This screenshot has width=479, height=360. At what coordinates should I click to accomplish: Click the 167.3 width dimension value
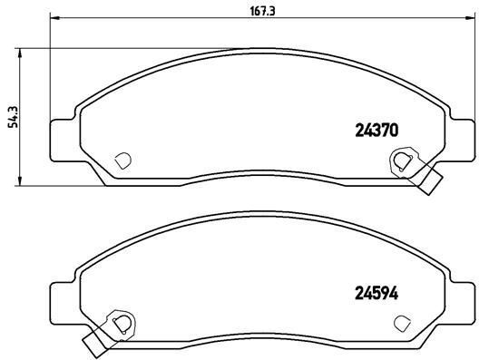[x=257, y=10]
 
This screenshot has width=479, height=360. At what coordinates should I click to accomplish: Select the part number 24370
[x=376, y=130]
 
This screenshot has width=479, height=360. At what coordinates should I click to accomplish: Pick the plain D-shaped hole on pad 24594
[x=402, y=321]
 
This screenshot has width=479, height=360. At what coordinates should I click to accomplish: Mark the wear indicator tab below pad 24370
[x=431, y=180]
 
